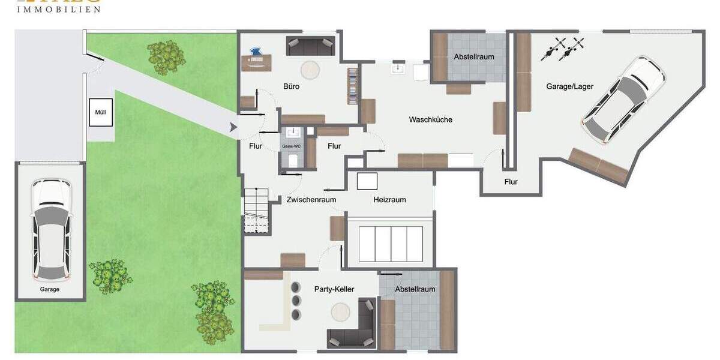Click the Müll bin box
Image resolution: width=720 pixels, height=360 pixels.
[101, 112]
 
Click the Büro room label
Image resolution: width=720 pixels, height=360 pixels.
[291, 86]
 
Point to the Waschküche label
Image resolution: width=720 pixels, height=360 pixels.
[430, 119]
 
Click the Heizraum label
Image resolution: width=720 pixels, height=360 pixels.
[389, 200]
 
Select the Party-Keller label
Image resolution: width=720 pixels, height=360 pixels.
[334, 289]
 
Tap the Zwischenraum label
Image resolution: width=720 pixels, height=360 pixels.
[311, 200]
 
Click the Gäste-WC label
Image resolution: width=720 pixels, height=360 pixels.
[292, 146]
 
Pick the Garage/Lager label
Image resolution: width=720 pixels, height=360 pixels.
[569, 86]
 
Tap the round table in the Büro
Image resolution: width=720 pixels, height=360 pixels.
[311, 70]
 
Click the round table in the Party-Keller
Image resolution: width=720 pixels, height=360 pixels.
[341, 312]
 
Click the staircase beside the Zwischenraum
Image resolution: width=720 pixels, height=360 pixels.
[256, 210]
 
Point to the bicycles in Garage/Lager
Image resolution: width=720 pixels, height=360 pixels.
[562, 49]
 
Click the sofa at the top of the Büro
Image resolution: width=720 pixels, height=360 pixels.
[310, 45]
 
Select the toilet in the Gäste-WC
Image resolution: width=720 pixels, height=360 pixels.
[293, 160]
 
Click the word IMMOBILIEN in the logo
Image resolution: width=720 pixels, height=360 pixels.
[58, 10]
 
